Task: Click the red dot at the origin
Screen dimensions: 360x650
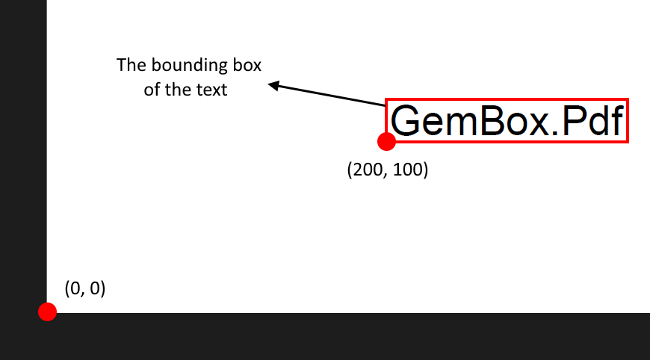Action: (48, 311)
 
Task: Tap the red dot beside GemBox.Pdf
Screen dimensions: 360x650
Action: (386, 141)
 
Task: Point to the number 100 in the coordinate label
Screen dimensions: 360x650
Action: (407, 170)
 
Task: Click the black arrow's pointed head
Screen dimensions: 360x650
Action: (270, 85)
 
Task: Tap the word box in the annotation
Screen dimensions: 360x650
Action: (246, 65)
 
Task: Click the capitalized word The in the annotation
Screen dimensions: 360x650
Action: (130, 65)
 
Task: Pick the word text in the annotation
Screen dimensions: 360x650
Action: (212, 90)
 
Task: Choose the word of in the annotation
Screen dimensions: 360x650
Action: (152, 90)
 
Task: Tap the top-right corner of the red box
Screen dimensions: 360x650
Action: (628, 99)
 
